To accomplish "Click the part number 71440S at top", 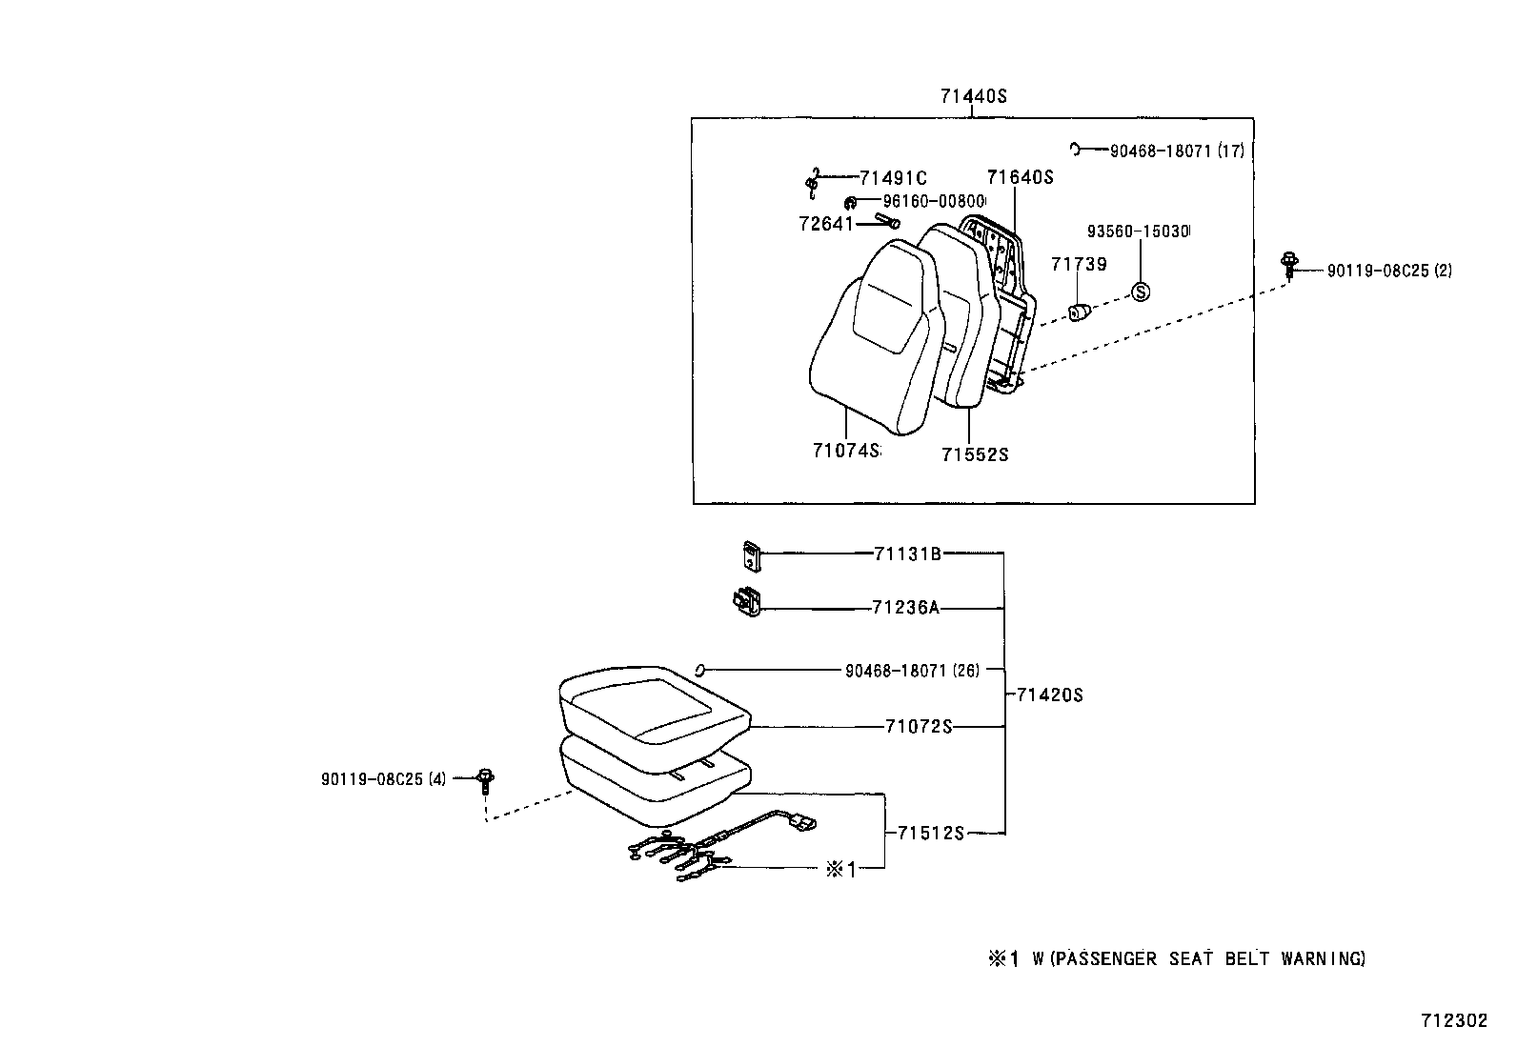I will (973, 96).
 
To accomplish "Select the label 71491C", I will (893, 177).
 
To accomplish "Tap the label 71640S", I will (1020, 177).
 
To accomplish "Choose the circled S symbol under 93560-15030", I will (1141, 292).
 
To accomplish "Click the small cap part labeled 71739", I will (1079, 312).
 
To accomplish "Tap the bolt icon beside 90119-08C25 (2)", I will (1289, 264).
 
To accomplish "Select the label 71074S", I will (845, 450).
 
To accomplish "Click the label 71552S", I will (974, 454).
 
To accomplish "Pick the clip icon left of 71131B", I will (752, 555).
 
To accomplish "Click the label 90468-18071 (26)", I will (911, 671).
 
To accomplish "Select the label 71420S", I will (1049, 695).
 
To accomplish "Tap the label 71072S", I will (919, 727).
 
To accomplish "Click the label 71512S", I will (930, 834).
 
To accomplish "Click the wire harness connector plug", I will (803, 818).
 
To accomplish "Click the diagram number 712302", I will (1453, 1020).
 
